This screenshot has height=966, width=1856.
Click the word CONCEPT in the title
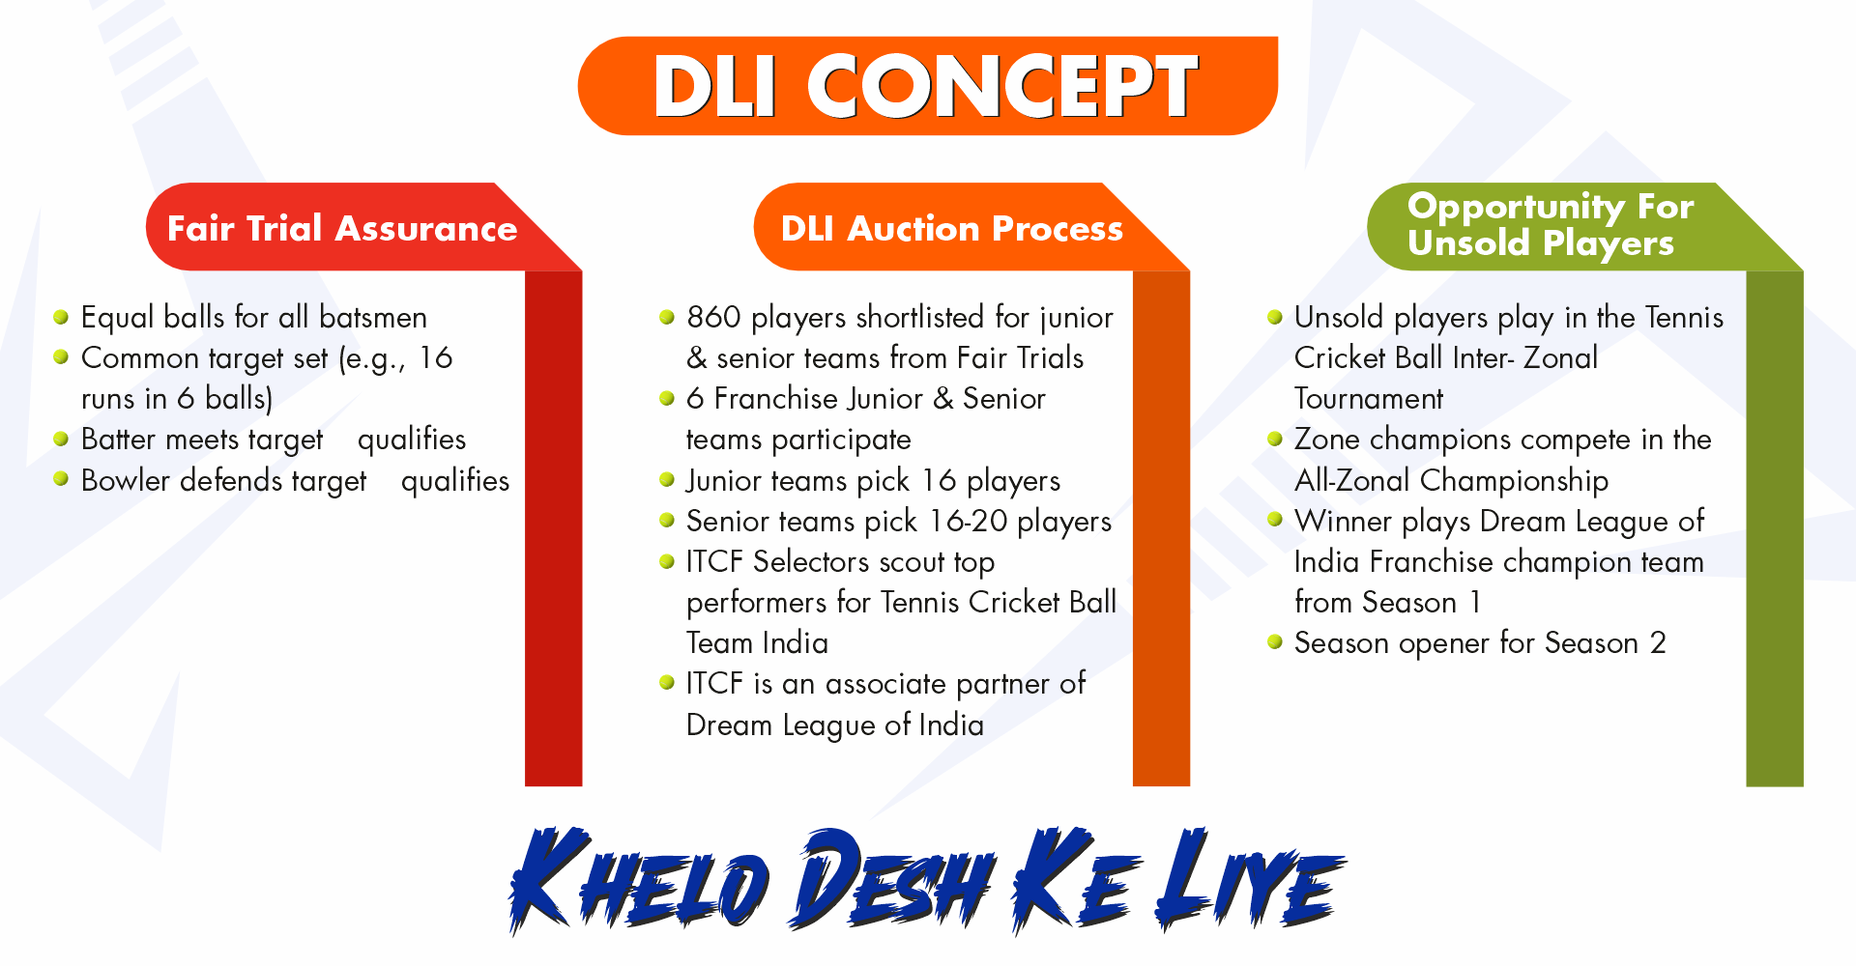click(x=1002, y=86)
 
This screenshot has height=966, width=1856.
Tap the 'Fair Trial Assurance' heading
click(x=342, y=229)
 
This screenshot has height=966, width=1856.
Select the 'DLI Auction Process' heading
click(x=952, y=229)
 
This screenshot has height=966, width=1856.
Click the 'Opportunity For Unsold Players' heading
click(x=1551, y=224)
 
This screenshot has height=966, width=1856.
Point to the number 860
click(x=713, y=317)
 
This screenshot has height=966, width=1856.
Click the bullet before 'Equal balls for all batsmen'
click(x=61, y=316)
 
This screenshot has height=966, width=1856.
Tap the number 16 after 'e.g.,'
click(x=436, y=357)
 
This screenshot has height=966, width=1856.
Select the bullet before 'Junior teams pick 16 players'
click(x=666, y=479)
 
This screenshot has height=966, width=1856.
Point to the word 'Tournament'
click(x=1369, y=398)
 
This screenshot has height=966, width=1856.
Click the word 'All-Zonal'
click(x=1352, y=480)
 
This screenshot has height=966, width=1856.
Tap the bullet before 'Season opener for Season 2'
click(x=1275, y=641)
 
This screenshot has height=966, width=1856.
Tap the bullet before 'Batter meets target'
click(x=61, y=439)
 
